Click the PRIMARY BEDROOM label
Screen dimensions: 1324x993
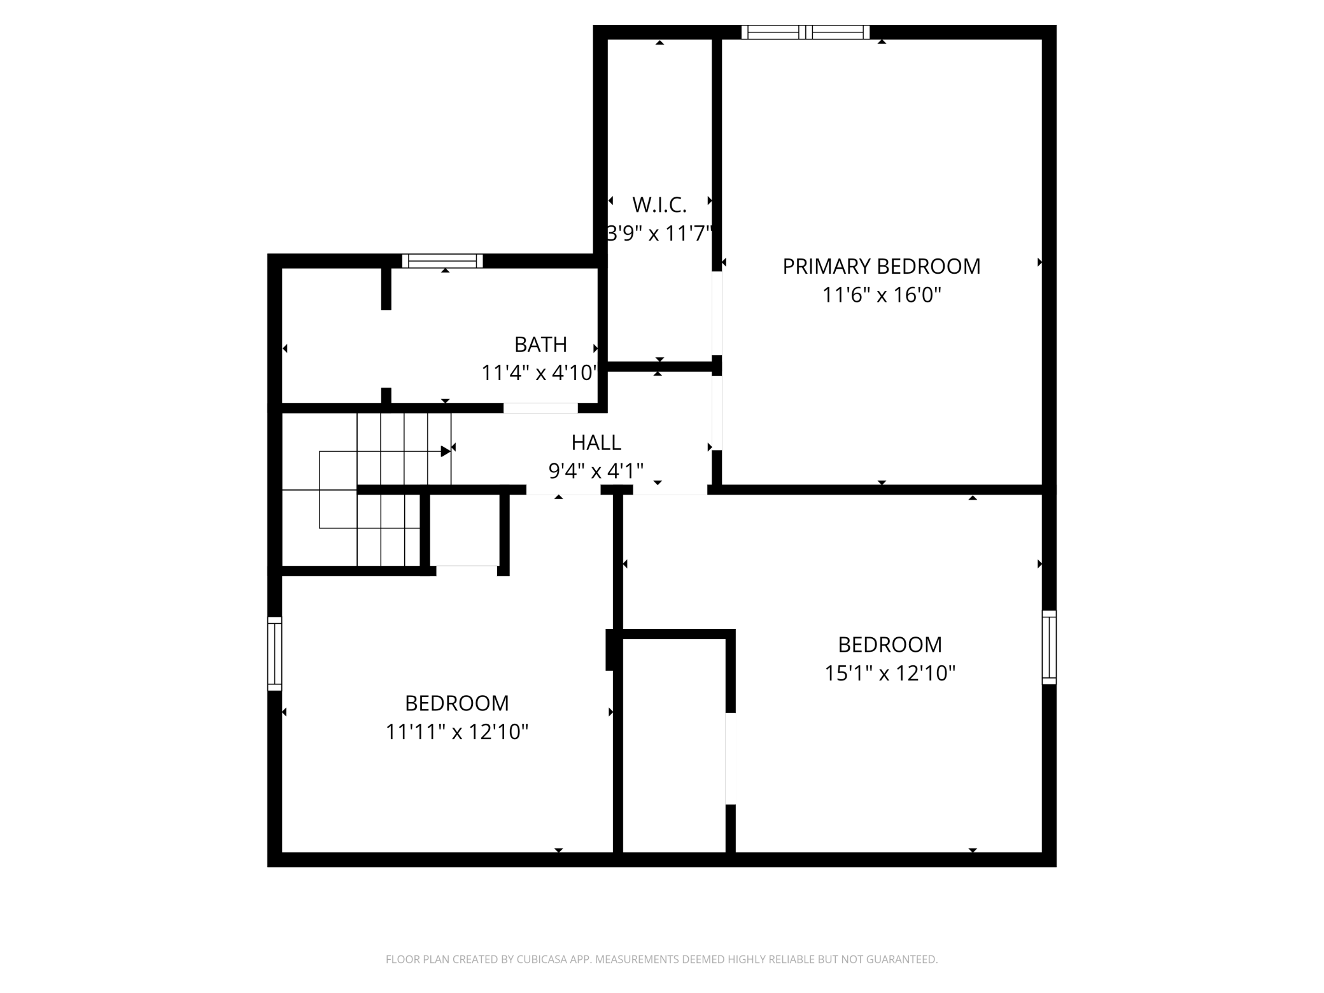click(x=881, y=266)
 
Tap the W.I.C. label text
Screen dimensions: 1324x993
click(x=659, y=205)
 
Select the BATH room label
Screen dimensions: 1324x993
click(x=540, y=344)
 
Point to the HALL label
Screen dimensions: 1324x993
click(x=596, y=442)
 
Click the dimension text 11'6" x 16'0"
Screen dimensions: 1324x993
click(x=882, y=295)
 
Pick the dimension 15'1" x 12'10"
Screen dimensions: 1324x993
click(x=890, y=673)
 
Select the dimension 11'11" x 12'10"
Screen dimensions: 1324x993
click(x=457, y=732)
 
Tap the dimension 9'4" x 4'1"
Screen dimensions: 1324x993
click(x=596, y=471)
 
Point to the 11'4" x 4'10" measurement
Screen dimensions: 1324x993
click(x=540, y=372)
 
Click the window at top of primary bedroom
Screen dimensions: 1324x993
click(x=805, y=32)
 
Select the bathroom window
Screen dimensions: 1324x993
click(x=442, y=261)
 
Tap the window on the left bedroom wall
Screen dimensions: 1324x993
click(x=274, y=653)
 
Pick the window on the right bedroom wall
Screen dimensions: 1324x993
click(x=1049, y=647)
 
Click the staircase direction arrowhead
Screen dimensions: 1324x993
click(x=446, y=451)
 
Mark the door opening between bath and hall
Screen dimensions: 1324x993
click(x=540, y=408)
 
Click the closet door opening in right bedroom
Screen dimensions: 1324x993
click(x=731, y=759)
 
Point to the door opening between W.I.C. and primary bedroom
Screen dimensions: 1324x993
click(x=717, y=314)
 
